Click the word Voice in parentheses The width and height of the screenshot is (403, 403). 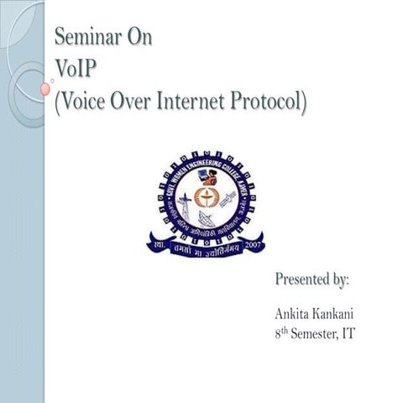[x=86, y=102]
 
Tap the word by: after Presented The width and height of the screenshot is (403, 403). [x=340, y=278]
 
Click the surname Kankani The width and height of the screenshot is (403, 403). [x=334, y=314]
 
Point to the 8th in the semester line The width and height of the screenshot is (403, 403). [x=280, y=333]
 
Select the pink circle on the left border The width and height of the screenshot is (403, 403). [x=44, y=87]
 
